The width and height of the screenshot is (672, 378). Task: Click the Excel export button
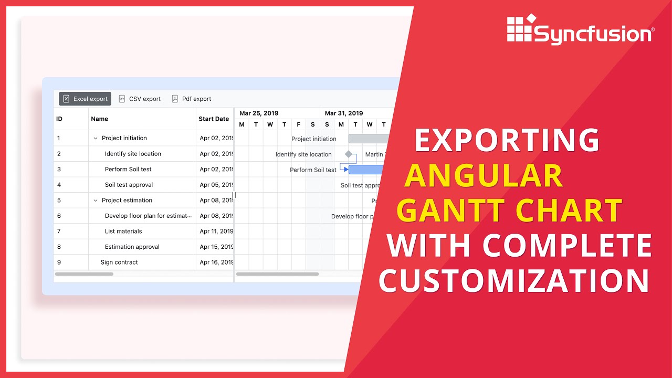(85, 99)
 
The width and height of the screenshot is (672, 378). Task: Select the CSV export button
(140, 99)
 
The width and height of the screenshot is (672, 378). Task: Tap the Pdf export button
(192, 99)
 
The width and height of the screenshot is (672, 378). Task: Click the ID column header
(59, 119)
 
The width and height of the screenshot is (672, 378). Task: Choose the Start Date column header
(214, 119)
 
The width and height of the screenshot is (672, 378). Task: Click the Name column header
(100, 119)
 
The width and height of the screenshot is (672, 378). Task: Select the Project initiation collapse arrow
(96, 138)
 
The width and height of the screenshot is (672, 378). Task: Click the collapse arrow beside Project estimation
(96, 200)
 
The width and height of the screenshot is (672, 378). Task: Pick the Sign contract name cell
(119, 262)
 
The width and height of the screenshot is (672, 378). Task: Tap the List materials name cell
(123, 231)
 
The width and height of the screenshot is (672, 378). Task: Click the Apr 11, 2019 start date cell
(216, 231)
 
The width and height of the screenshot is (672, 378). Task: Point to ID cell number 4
(59, 185)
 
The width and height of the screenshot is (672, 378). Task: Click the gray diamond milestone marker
(348, 154)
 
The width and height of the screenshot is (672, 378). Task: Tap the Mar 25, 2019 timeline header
(259, 113)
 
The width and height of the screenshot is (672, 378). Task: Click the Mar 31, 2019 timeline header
(344, 113)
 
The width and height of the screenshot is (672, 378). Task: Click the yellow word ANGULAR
(484, 176)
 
